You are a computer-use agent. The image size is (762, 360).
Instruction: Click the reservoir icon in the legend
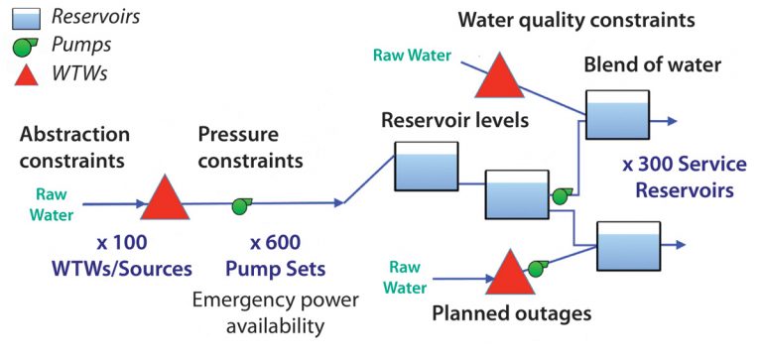22,17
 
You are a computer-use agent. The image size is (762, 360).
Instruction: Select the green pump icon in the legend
22,46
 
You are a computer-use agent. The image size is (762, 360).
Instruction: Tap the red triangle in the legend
22,74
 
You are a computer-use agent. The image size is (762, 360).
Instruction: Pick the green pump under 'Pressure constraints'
240,206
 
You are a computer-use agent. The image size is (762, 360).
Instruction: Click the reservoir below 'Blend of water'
615,115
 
